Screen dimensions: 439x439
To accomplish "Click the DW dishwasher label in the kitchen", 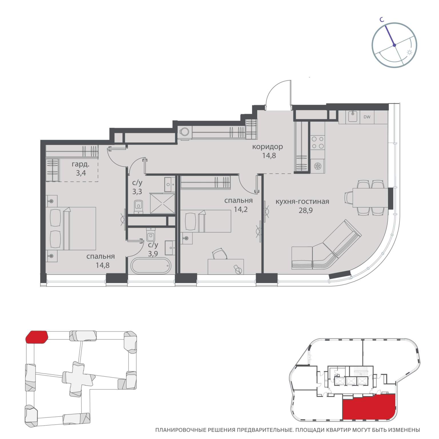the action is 367,117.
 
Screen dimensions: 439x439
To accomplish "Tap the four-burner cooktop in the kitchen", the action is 318,142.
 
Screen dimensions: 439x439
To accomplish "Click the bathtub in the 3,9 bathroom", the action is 151,266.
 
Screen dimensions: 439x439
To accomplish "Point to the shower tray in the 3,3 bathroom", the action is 162,203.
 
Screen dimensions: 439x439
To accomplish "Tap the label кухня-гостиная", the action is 302,201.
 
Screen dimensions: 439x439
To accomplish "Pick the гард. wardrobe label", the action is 81,164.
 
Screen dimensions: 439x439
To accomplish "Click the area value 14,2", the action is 241,209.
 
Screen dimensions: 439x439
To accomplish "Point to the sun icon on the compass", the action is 410,53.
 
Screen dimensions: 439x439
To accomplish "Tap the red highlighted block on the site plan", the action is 37,337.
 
